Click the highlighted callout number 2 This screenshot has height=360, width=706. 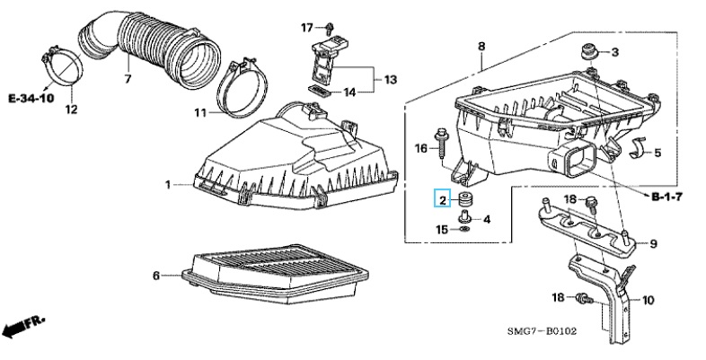tap(443, 199)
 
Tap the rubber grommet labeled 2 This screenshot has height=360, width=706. tap(463, 198)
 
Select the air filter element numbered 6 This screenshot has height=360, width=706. tap(275, 273)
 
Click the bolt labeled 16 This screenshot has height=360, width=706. tap(440, 143)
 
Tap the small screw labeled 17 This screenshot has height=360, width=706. tap(330, 28)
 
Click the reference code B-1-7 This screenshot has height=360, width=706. tap(666, 197)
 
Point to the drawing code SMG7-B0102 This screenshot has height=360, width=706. tap(542, 331)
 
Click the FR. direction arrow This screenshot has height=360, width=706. tap(23, 326)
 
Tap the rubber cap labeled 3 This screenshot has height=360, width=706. tap(588, 52)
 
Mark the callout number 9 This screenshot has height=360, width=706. tap(653, 244)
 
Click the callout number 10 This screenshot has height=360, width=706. tap(648, 300)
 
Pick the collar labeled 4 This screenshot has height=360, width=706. tap(463, 217)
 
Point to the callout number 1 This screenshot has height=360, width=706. tap(168, 185)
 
